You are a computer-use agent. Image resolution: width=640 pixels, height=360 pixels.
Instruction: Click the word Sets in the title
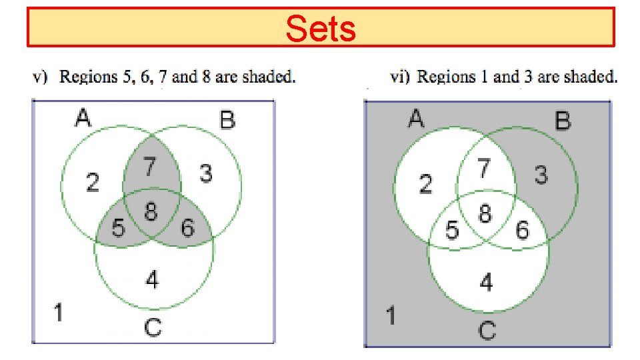coord(321,28)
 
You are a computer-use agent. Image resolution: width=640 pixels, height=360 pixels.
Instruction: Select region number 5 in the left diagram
coord(118,228)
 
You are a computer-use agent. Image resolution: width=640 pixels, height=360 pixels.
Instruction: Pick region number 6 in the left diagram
coord(187,228)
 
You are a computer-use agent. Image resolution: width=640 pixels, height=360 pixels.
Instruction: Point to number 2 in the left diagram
coord(93,182)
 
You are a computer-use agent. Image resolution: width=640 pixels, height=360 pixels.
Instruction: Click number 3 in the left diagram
coord(206,174)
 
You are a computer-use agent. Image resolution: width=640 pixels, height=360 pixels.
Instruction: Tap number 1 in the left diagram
coord(59,311)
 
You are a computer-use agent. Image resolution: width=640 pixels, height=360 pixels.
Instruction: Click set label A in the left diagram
coord(83,119)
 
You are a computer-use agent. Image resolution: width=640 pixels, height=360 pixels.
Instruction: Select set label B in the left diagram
coord(227,121)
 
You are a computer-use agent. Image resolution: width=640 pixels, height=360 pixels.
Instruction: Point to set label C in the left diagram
coord(153,327)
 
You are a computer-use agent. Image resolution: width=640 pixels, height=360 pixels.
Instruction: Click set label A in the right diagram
coord(416,119)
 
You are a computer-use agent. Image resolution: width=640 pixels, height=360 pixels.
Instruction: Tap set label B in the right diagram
coord(563,121)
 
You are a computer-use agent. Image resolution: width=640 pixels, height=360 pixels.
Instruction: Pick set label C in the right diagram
coord(487,329)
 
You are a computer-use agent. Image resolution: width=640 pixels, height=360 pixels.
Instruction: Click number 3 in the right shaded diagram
coord(541,175)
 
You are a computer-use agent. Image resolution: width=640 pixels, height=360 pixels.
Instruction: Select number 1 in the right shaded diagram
coord(391,315)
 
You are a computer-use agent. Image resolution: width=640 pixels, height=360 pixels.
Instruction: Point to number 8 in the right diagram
coord(485,214)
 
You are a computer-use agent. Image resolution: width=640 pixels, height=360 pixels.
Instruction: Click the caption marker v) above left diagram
coord(41,77)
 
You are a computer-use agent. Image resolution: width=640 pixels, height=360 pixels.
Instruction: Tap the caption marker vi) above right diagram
coord(399,77)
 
